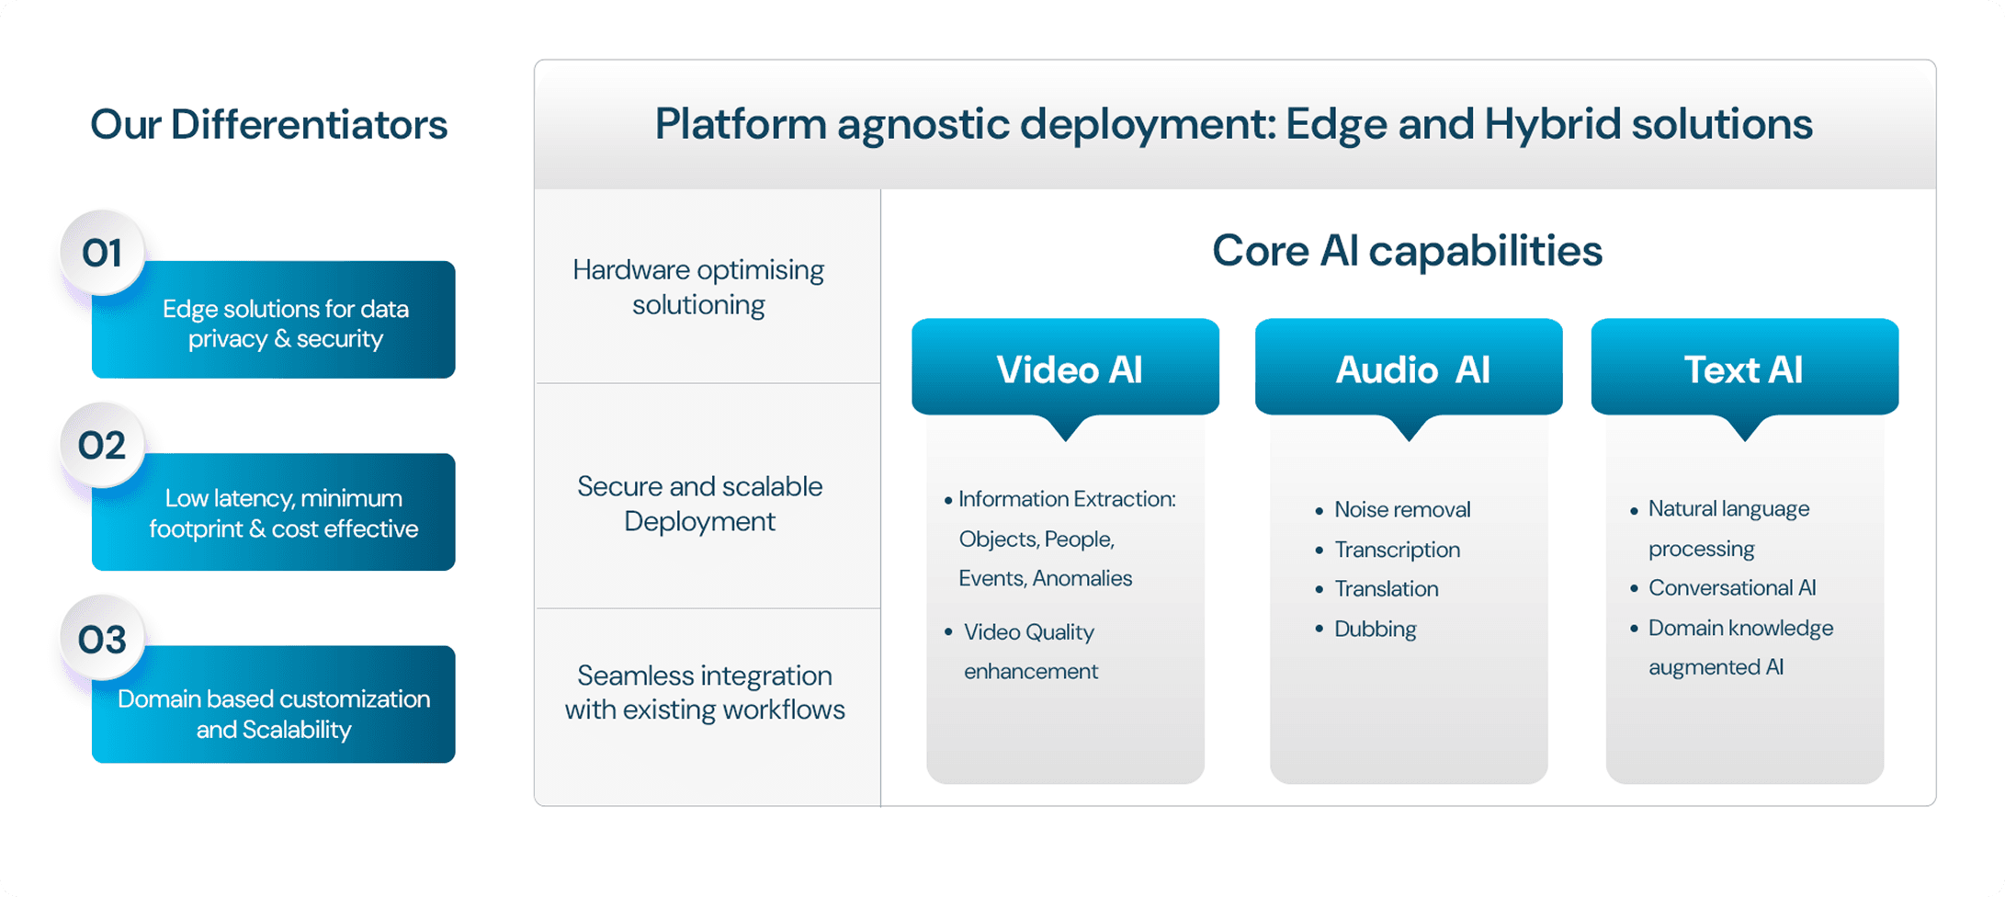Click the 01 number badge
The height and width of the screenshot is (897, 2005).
pyautogui.click(x=102, y=254)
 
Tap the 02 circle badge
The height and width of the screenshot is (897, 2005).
pyautogui.click(x=102, y=446)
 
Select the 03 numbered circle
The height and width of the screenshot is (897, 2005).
pyautogui.click(x=102, y=640)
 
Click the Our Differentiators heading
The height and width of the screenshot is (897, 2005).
pyautogui.click(x=268, y=125)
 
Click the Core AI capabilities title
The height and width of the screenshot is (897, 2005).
pyautogui.click(x=1407, y=251)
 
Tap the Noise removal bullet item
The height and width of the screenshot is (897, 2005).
pyautogui.click(x=1401, y=510)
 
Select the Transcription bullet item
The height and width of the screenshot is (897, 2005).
pyautogui.click(x=1397, y=550)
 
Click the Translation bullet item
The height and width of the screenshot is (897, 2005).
pyautogui.click(x=1386, y=589)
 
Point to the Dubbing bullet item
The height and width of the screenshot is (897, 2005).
pyautogui.click(x=1375, y=630)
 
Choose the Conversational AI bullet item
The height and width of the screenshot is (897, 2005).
pyautogui.click(x=1731, y=588)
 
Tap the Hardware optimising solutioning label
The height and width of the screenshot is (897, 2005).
pyautogui.click(x=698, y=287)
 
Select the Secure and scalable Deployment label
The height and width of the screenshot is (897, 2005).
pyautogui.click(x=699, y=504)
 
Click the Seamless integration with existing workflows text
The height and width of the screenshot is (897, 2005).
pyautogui.click(x=705, y=692)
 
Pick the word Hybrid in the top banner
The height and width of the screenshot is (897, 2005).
pyautogui.click(x=1552, y=124)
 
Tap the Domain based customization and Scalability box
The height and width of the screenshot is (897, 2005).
pyautogui.click(x=274, y=714)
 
